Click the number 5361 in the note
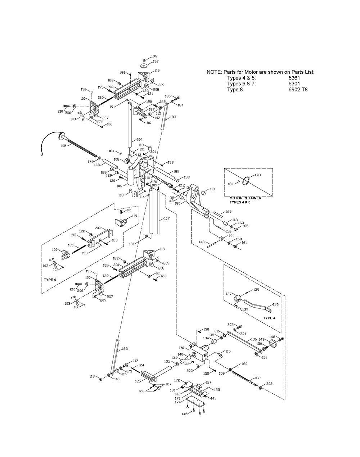click(x=294, y=78)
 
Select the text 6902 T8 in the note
click(x=298, y=90)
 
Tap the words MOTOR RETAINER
click(x=246, y=198)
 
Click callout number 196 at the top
click(x=154, y=56)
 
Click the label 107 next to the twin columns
click(x=166, y=218)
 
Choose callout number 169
click(x=229, y=212)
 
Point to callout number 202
click(x=270, y=384)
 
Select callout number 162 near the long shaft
click(x=257, y=378)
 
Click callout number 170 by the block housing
click(x=181, y=348)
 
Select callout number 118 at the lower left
click(x=92, y=376)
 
